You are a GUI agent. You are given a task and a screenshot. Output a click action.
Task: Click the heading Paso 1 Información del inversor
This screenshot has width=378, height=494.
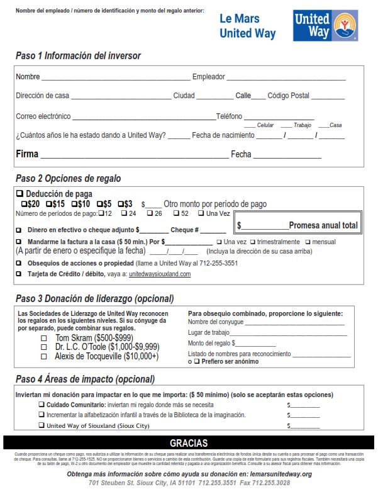[78, 56]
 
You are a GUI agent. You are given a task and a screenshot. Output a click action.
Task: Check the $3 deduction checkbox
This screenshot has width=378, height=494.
[121, 205]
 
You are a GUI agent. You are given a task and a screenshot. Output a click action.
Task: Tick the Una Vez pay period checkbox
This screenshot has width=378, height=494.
[201, 213]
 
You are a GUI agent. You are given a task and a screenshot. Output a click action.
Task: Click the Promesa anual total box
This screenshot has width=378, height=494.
[298, 225]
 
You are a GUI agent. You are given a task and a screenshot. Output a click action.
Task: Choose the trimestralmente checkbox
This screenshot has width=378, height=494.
[252, 242]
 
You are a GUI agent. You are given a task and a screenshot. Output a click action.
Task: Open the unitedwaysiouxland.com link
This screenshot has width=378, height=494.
[160, 274]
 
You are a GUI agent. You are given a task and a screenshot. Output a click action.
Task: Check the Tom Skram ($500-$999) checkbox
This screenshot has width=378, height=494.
[44, 338]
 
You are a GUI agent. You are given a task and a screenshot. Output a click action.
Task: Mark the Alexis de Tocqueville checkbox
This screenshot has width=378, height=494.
[44, 356]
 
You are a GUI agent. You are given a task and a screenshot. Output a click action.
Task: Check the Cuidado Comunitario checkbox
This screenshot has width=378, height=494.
[42, 405]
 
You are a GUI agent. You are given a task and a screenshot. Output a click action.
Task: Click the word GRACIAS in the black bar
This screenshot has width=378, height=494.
[189, 443]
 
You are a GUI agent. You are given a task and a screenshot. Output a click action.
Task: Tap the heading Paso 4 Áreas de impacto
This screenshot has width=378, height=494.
[85, 379]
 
